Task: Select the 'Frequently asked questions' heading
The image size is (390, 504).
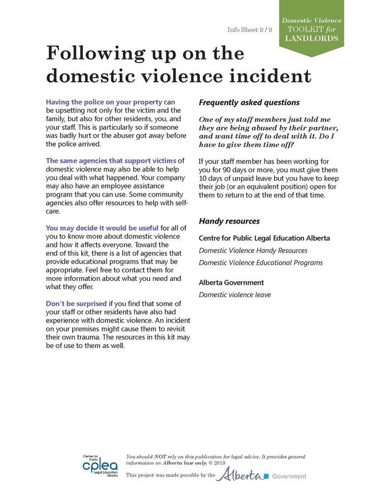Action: pos(249,102)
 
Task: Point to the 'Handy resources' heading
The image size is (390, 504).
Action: pos(229,221)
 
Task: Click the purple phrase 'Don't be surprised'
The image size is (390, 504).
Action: pos(76,303)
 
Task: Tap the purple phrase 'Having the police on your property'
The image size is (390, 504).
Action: pos(104,102)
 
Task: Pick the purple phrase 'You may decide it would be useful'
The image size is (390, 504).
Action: pos(102,228)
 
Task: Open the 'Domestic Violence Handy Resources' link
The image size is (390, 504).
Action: pos(253,251)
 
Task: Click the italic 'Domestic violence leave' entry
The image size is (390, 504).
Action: pos(235,294)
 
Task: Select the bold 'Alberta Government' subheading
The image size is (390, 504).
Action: pos(231,283)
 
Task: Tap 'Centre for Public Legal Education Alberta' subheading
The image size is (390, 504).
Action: pos(264,238)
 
